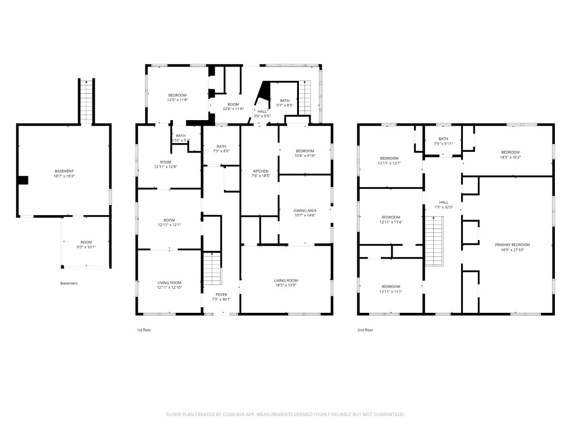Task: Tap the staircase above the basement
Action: point(86,101)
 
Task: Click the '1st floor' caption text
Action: point(144,330)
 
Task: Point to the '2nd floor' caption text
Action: point(365,330)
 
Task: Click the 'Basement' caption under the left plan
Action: point(69,283)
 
